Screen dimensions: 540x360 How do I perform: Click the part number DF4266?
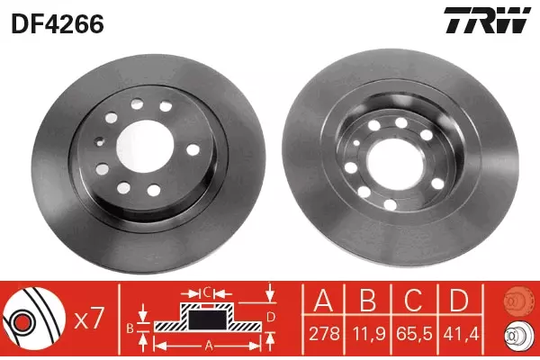pyautogui.click(x=58, y=24)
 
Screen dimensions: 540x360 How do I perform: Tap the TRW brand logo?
pyautogui.click(x=487, y=20)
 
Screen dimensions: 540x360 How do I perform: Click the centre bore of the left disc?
pyautogui.click(x=145, y=147)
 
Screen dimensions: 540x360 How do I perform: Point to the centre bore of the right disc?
pyautogui.click(x=395, y=163)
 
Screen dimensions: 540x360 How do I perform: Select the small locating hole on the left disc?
pyautogui.click(x=100, y=140)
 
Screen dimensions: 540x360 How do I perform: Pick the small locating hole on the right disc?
pyautogui.click(x=356, y=142)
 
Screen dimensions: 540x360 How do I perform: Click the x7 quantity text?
pyautogui.click(x=89, y=319)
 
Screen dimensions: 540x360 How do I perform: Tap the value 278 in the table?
pyautogui.click(x=324, y=334)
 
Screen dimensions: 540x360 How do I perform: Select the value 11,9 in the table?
pyautogui.click(x=368, y=334)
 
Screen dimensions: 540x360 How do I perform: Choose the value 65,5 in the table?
pyautogui.click(x=414, y=334)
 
